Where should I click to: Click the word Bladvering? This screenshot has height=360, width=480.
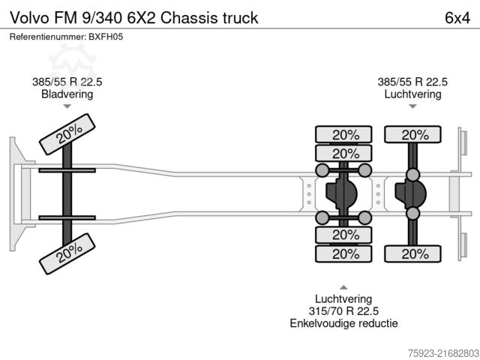[67, 94]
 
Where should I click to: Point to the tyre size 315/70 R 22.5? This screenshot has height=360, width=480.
[343, 310]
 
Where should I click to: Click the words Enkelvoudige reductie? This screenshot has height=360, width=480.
[343, 323]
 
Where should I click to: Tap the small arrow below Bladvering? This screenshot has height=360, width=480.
[67, 106]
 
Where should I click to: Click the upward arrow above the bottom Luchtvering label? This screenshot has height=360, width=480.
[343, 286]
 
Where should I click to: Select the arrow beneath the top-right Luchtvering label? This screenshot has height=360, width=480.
[412, 106]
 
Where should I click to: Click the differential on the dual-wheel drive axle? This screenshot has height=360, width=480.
[342, 194]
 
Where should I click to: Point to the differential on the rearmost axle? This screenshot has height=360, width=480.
[410, 194]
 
